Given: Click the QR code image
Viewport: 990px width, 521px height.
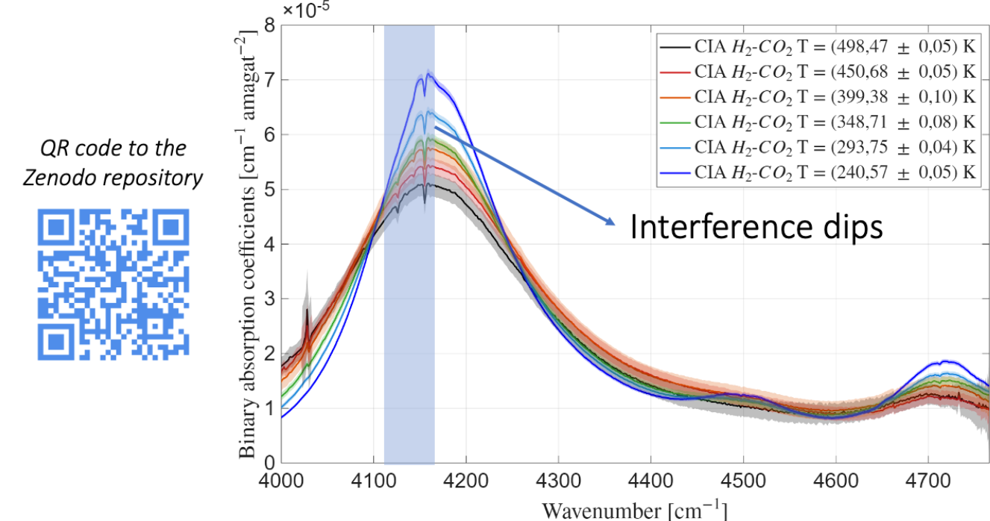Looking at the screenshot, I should [113, 284].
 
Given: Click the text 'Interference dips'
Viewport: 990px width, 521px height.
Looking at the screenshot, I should [756, 227].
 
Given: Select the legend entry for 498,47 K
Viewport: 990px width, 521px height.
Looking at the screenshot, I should [817, 48].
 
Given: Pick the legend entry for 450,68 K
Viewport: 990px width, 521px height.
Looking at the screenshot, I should [817, 72].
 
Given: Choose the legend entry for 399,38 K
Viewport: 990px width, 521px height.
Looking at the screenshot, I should [817, 97].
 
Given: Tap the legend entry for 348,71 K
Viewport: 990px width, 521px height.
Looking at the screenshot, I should [817, 122].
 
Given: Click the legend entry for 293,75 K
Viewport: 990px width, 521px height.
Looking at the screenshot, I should [817, 146].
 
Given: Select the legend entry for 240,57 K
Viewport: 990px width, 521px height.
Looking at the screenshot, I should [817, 172].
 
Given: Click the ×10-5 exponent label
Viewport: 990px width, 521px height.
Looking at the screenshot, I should [306, 9].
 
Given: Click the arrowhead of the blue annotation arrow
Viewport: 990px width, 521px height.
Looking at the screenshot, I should [612, 221].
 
